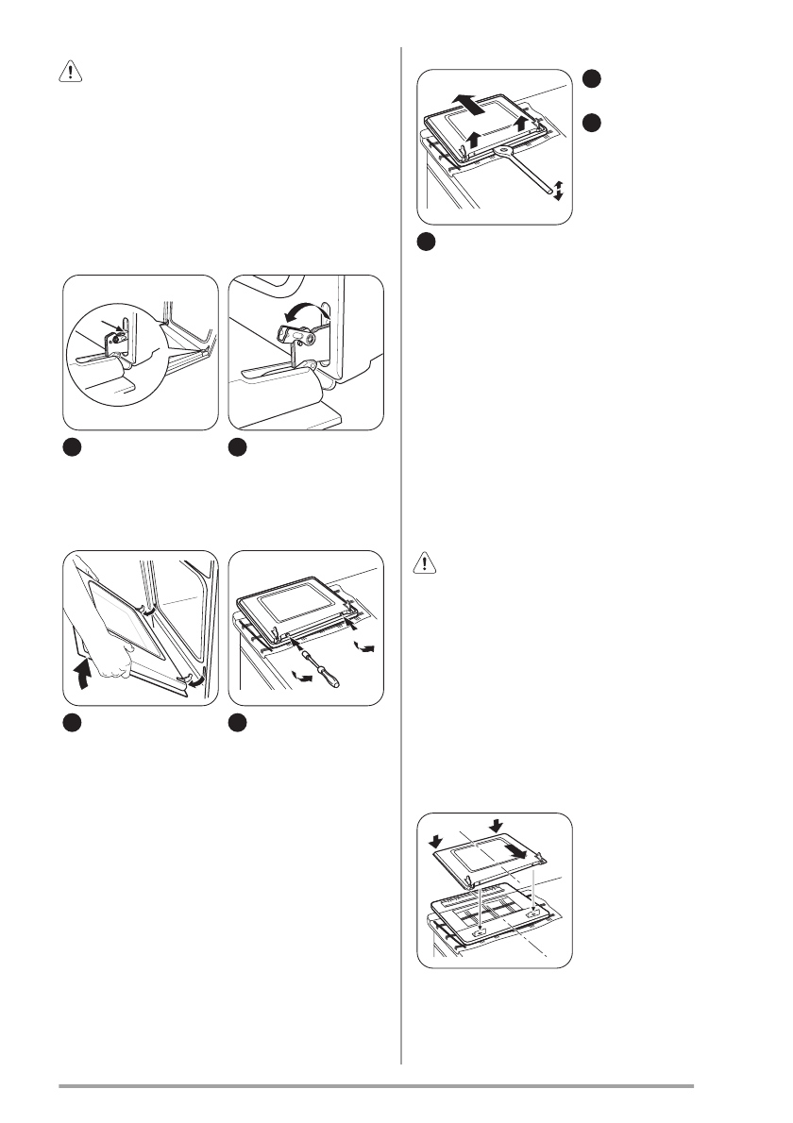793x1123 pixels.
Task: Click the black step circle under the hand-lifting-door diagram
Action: (x=72, y=723)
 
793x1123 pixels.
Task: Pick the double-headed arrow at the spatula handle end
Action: (x=558, y=188)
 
